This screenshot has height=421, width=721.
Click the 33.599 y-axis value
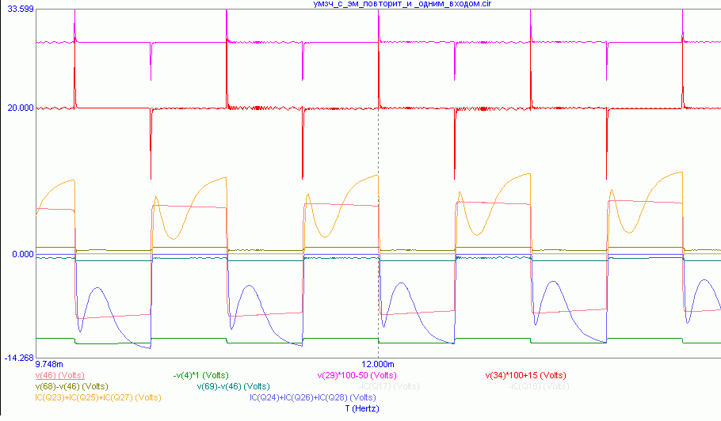coord(17,9)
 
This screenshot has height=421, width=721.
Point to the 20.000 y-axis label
coord(17,108)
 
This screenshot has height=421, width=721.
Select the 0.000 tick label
coord(21,254)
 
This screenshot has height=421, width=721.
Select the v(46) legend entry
coord(60,375)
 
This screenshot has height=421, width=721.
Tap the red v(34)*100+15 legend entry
coord(525,375)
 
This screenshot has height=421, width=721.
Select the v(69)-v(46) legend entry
coord(233,386)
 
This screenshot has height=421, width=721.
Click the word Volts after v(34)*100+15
coord(551,375)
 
